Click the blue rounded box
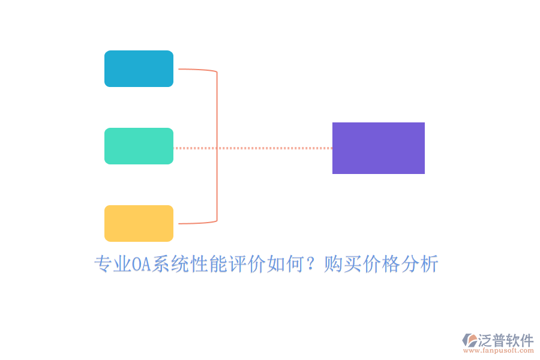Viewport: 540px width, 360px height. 139,68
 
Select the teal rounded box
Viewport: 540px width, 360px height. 139,146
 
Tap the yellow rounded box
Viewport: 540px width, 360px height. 139,223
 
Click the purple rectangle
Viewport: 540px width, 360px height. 378,148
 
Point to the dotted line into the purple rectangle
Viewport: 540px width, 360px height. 270,148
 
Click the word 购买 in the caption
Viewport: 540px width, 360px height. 343,265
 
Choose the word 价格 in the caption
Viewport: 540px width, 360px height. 381,265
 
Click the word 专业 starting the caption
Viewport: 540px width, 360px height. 113,265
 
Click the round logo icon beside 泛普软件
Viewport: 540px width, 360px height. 469,341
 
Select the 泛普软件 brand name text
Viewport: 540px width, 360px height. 505,340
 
